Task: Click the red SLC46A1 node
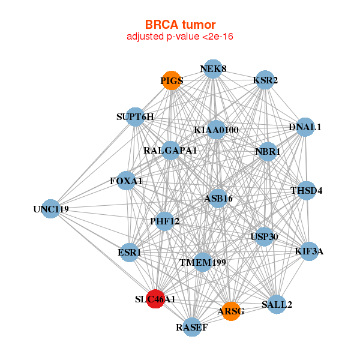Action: [155, 299]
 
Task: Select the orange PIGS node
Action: [172, 80]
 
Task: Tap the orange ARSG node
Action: [231, 311]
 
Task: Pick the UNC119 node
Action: [51, 209]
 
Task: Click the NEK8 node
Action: [213, 69]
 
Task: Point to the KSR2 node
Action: [265, 80]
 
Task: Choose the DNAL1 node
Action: [305, 127]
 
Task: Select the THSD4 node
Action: [306, 190]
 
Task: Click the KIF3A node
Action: [309, 251]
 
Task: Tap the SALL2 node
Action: [277, 304]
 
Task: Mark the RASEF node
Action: [192, 327]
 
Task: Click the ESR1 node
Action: [129, 253]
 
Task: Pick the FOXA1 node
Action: [126, 181]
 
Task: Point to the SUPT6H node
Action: [135, 117]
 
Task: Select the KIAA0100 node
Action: [216, 130]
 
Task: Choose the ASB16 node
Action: [218, 199]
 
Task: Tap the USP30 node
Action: [264, 236]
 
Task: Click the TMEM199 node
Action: [203, 262]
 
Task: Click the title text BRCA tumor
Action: [180, 25]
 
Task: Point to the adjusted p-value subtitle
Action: [180, 37]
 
